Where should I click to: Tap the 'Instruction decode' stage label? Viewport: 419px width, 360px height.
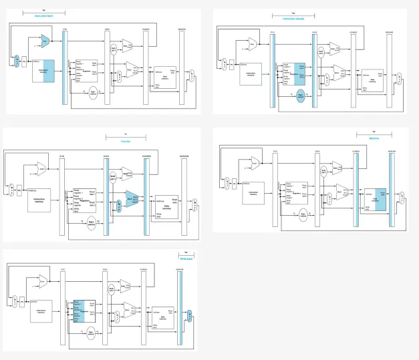(293, 19)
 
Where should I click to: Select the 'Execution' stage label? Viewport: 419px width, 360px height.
(125, 142)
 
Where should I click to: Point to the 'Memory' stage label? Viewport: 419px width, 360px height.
(374, 138)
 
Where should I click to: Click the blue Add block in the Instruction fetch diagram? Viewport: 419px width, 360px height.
(45, 42)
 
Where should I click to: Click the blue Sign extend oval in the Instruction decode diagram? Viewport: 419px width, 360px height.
(300, 96)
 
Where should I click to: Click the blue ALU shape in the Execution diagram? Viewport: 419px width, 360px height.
(132, 199)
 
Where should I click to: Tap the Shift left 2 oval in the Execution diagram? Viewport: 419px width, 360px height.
(114, 178)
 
